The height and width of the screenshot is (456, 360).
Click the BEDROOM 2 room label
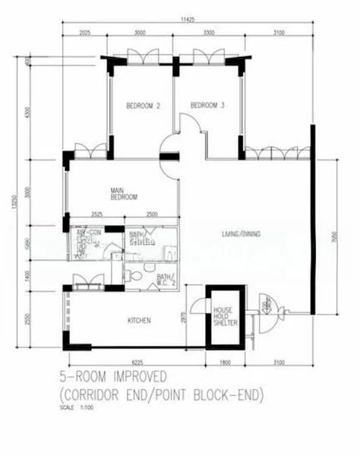tap(141, 106)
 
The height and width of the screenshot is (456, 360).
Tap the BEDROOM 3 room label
tap(207, 105)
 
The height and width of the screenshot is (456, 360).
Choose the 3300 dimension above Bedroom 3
tap(208, 33)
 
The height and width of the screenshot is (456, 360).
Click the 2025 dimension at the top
tap(84, 33)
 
